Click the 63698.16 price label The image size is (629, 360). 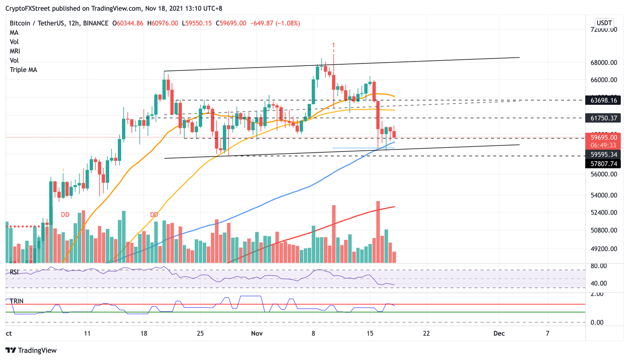pyautogui.click(x=603, y=100)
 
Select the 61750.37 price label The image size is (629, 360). pyautogui.click(x=603, y=118)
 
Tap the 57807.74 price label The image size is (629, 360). pyautogui.click(x=603, y=164)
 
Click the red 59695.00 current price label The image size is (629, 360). pyautogui.click(x=603, y=138)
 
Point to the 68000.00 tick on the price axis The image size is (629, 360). pyautogui.click(x=603, y=63)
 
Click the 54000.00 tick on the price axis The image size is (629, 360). pyautogui.click(x=603, y=195)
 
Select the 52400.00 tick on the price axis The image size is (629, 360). pyautogui.click(x=603, y=213)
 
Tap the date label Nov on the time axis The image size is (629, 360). pyautogui.click(x=257, y=333)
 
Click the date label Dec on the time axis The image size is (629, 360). pyautogui.click(x=499, y=333)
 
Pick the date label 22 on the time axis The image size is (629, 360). pyautogui.click(x=426, y=333)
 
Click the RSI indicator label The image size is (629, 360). pyautogui.click(x=14, y=272)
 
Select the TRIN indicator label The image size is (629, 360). pyautogui.click(x=16, y=301)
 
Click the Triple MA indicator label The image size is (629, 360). pyautogui.click(x=23, y=70)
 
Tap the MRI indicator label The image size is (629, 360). pyautogui.click(x=15, y=51)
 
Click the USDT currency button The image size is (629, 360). pyautogui.click(x=604, y=23)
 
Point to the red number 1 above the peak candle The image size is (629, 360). pyautogui.click(x=334, y=45)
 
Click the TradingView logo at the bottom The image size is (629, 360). pyautogui.click(x=31, y=351)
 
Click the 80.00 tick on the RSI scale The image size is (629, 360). pyautogui.click(x=598, y=266)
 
